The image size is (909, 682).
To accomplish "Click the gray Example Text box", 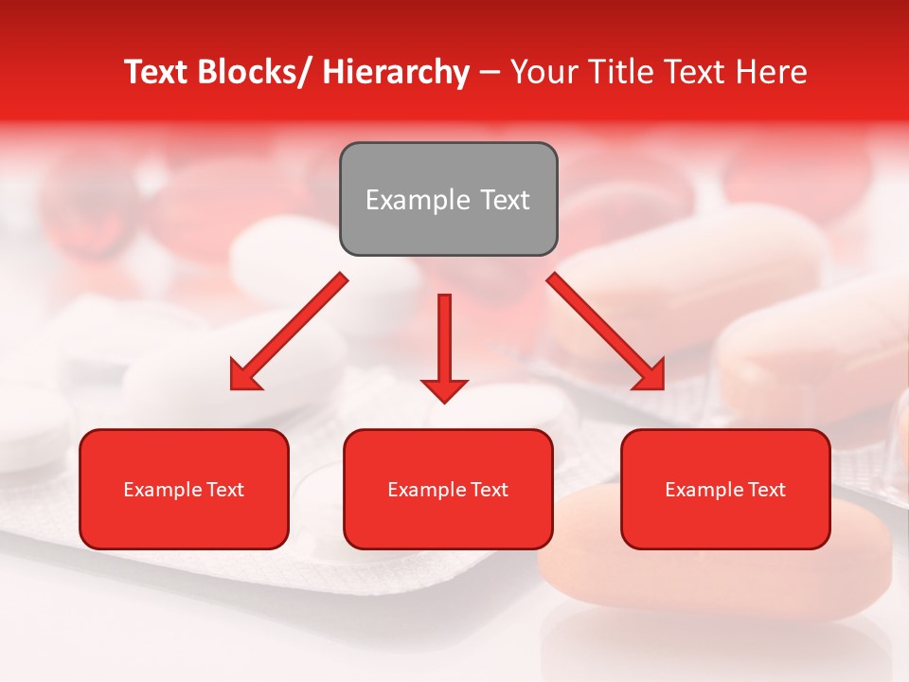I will coord(448,199).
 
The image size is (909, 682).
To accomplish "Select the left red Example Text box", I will coord(184,489).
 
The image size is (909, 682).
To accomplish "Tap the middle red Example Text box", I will coord(448,489).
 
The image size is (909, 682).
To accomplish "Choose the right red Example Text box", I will coord(725,489).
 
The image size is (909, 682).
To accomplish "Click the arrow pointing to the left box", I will coord(289,332).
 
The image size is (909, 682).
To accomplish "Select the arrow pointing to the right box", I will coord(606,332).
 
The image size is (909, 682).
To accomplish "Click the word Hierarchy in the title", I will coord(396,72).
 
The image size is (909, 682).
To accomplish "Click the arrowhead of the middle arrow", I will coord(444,388).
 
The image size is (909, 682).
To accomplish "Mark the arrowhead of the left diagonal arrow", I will coord(244,375).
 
